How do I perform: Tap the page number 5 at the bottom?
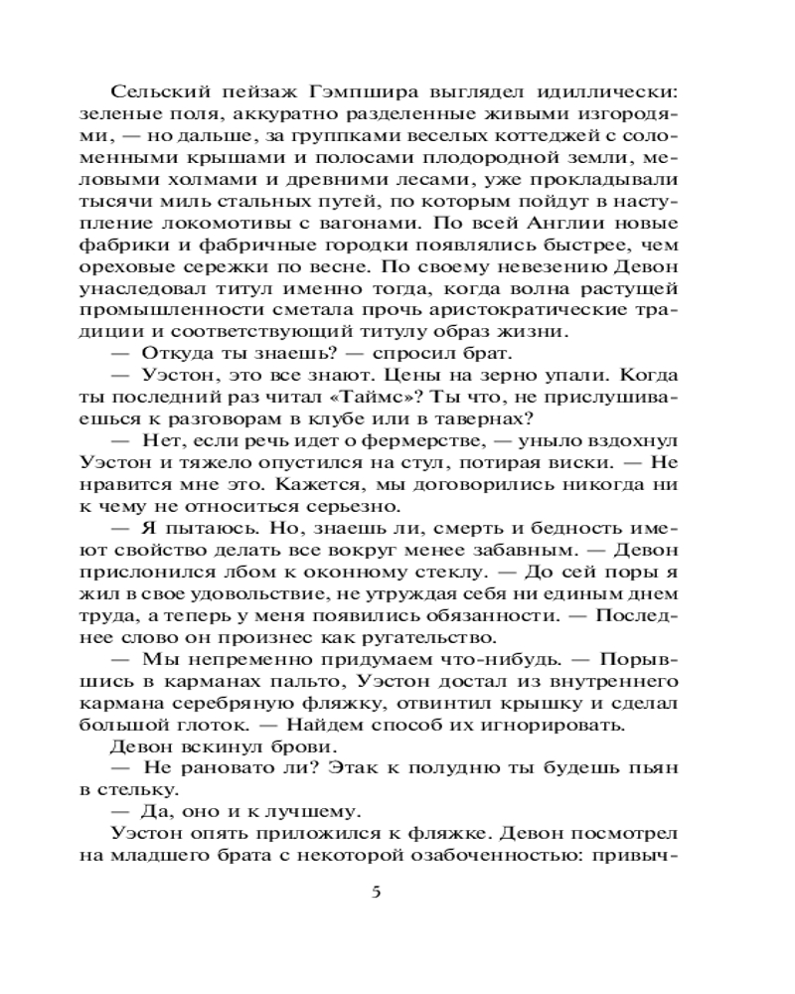pyautogui.click(x=376, y=891)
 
